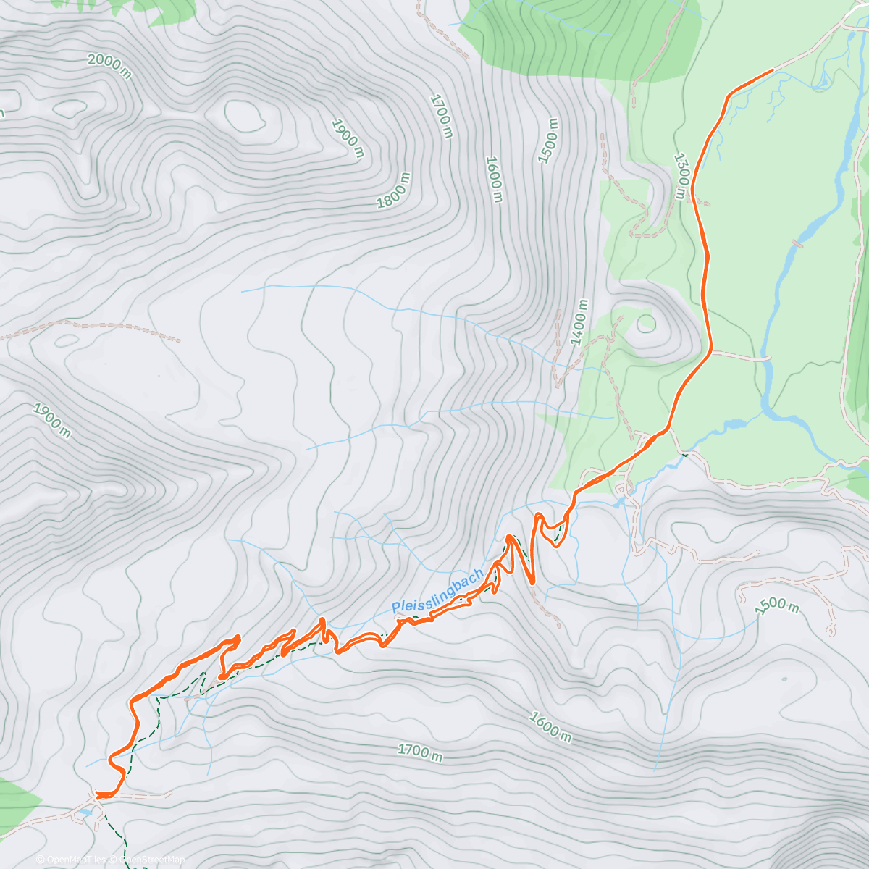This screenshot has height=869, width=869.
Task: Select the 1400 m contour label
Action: [x=579, y=322]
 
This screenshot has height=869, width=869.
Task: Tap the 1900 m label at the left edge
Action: [x=52, y=421]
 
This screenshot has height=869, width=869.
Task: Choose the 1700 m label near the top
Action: [x=441, y=116]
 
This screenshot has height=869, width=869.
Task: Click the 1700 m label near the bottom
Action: [x=420, y=753]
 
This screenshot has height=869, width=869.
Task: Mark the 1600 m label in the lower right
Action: [x=550, y=727]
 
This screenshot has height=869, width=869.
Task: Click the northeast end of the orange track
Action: [x=773, y=70]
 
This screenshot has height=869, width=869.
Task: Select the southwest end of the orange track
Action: [x=98, y=795]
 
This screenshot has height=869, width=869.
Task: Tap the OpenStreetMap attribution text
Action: [x=152, y=860]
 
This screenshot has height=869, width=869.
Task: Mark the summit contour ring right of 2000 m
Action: [x=244, y=114]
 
